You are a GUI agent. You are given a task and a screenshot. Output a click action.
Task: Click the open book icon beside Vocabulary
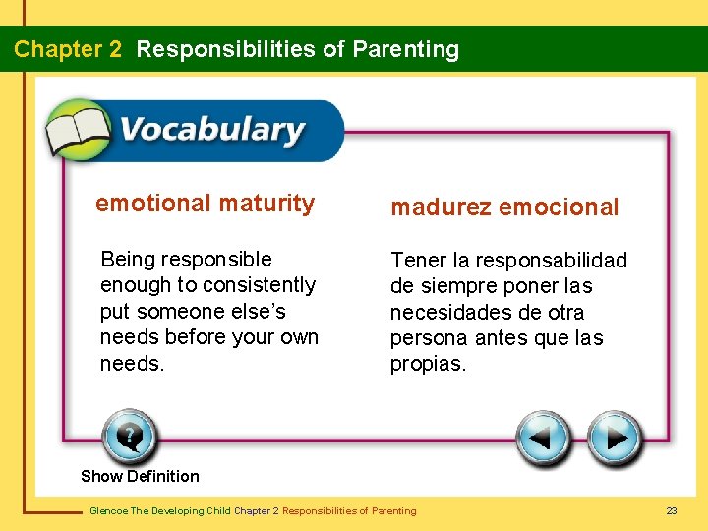pos(79,131)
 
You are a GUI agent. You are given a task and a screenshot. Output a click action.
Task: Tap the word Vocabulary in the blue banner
pos(211,130)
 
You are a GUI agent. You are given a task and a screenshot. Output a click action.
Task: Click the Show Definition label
pos(140,476)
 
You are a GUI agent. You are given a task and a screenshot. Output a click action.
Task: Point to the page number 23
pos(672,510)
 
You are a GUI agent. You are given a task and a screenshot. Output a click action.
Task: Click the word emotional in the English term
pos(153,204)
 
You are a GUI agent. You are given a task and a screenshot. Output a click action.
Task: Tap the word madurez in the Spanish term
pos(442,207)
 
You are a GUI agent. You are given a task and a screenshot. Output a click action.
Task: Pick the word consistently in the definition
pos(259,285)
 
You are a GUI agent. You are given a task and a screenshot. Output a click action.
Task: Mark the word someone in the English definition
pos(187,312)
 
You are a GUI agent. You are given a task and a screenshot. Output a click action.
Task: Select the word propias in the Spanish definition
pos(428,364)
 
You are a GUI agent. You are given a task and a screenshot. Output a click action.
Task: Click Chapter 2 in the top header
pos(68,49)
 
